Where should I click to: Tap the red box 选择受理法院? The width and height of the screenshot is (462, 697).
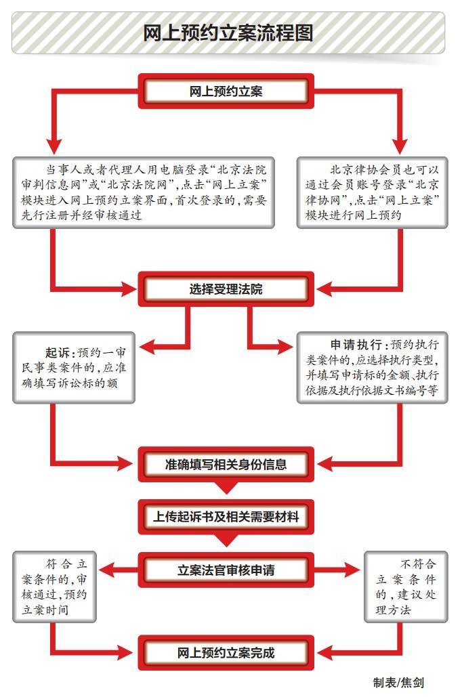coord(226,289)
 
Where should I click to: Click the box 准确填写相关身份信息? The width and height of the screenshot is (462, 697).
coord(226,464)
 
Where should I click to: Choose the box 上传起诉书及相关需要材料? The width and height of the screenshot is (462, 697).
coord(226,517)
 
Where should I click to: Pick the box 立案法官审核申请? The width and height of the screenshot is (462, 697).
coord(226,569)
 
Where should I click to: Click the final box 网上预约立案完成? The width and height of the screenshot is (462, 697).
coord(226,652)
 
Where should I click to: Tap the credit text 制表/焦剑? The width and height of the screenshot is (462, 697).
coord(399,682)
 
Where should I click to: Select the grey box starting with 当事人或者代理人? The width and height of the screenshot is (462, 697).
coord(144,192)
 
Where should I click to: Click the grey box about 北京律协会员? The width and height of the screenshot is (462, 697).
coord(372,192)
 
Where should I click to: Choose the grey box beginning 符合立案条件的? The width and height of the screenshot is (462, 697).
coord(54,586)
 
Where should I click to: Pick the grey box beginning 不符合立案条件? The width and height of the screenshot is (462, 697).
coord(406,586)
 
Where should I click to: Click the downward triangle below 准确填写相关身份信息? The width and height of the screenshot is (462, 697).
coord(226,488)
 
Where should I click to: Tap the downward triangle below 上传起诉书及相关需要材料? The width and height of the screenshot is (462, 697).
coord(226,540)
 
